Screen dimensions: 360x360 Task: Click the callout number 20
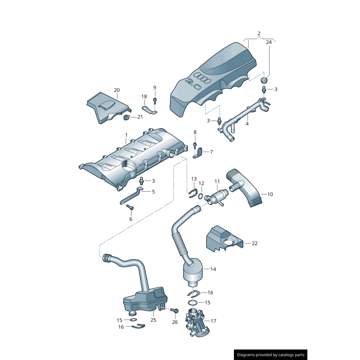pyautogui.click(x=117, y=90)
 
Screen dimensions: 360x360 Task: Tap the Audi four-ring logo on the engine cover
pyautogui.click(x=204, y=79)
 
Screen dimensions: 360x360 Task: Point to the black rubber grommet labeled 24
pyautogui.click(x=264, y=80)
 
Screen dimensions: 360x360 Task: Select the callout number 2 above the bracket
pyautogui.click(x=259, y=34)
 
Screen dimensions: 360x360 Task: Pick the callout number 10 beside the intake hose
pyautogui.click(x=270, y=194)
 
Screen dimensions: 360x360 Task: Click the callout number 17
pyautogui.click(x=213, y=321)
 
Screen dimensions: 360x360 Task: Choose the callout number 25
pyautogui.click(x=153, y=320)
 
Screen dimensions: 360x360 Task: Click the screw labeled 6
pyautogui.click(x=130, y=207)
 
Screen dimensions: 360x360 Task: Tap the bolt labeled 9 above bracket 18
pyautogui.click(x=154, y=99)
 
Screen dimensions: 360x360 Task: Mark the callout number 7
pyautogui.click(x=211, y=152)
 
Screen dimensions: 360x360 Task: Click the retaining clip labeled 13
pyautogui.click(x=193, y=194)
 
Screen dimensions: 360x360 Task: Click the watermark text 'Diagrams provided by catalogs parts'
pyautogui.click(x=271, y=355)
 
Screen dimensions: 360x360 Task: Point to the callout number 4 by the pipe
pyautogui.click(x=247, y=123)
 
